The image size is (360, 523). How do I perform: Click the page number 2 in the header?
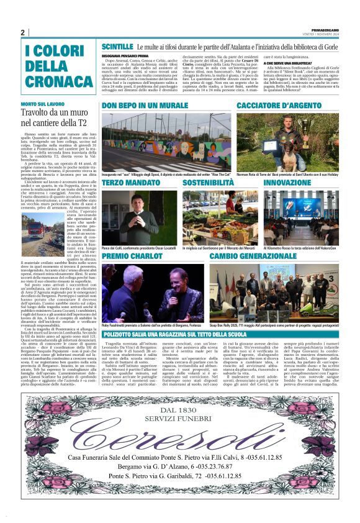(x=22, y=32)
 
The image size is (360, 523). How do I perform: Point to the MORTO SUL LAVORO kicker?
(x=42, y=104)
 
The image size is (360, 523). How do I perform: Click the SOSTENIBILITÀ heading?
(x=208, y=183)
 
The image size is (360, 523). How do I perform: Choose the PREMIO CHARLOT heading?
(x=132, y=256)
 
